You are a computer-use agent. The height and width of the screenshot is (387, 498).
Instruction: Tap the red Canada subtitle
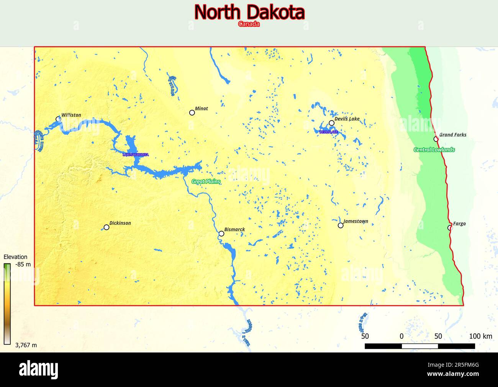[x=249, y=24]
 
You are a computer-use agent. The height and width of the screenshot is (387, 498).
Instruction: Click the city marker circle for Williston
[x=58, y=119]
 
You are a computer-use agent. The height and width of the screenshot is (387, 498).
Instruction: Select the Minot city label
[x=201, y=109]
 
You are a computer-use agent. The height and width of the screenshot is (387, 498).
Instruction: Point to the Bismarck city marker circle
[x=221, y=234]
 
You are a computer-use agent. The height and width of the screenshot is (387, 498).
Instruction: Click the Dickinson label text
[x=120, y=223]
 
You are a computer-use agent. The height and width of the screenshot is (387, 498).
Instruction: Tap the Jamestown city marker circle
[x=341, y=226]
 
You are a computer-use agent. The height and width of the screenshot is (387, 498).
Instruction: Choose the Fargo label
[x=459, y=224]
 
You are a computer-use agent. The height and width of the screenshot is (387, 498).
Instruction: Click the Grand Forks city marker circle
[x=436, y=139]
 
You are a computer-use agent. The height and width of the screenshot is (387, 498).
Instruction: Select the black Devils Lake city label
[x=347, y=119]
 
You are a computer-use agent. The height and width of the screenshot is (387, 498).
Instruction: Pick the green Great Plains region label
[x=206, y=181]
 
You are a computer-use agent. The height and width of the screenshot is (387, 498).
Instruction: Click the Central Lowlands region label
[x=434, y=150]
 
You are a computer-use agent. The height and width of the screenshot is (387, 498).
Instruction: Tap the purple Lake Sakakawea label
[x=135, y=155]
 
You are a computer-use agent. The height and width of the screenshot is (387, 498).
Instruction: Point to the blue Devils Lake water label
[x=329, y=132]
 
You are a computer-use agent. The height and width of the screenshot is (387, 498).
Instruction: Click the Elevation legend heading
[x=15, y=257]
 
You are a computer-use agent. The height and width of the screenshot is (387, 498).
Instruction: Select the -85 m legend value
[x=23, y=264]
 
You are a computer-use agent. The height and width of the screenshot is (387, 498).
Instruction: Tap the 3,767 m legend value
[x=26, y=345]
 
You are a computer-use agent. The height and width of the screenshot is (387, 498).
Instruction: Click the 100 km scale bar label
[x=480, y=336]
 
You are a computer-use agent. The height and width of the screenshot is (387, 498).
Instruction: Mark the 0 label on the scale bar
[x=401, y=336]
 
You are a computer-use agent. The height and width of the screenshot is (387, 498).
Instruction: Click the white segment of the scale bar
[x=419, y=346]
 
